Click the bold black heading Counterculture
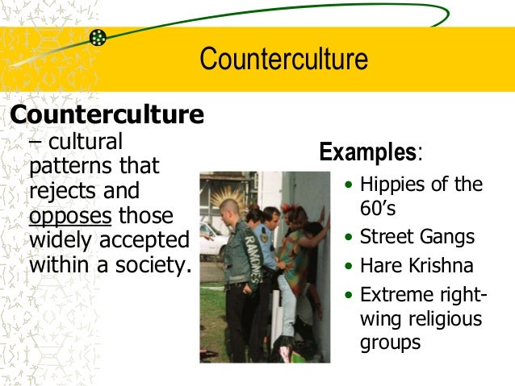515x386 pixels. [106, 115]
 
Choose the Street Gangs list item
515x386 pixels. [417, 237]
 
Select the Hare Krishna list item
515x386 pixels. [417, 265]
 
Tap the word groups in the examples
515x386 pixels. [390, 342]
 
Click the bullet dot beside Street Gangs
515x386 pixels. [348, 238]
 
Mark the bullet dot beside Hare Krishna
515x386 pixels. [348, 266]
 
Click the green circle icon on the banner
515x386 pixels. [98, 37]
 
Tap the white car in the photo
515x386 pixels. [211, 238]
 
